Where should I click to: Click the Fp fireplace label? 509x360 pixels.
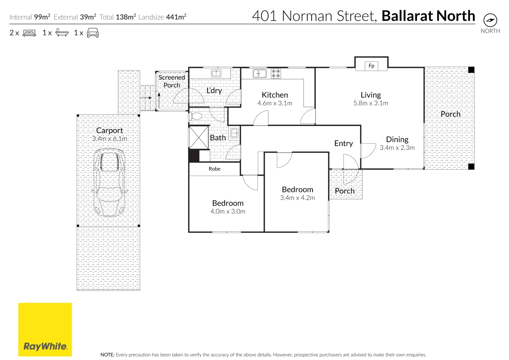(x=371, y=66)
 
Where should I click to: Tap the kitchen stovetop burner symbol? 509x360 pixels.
(x=276, y=73)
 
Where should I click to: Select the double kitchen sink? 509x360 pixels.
(x=260, y=73)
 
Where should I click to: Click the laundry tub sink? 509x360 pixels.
(x=216, y=73)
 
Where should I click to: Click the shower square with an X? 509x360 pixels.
(x=199, y=137)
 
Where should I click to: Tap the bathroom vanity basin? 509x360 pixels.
(x=234, y=133)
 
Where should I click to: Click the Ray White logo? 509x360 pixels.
(x=45, y=329)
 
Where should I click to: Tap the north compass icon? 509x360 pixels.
(x=490, y=21)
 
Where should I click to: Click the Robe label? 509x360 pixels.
(x=214, y=169)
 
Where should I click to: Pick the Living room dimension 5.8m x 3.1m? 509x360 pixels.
(x=371, y=103)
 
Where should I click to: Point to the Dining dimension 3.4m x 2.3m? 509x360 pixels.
(x=397, y=148)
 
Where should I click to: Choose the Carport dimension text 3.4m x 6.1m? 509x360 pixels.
(x=109, y=139)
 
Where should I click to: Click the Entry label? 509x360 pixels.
(x=343, y=143)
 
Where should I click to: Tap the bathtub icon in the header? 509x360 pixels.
(x=62, y=33)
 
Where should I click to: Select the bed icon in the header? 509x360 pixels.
(x=29, y=33)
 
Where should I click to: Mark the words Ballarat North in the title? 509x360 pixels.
(x=428, y=16)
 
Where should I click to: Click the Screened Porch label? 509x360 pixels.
(x=171, y=81)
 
